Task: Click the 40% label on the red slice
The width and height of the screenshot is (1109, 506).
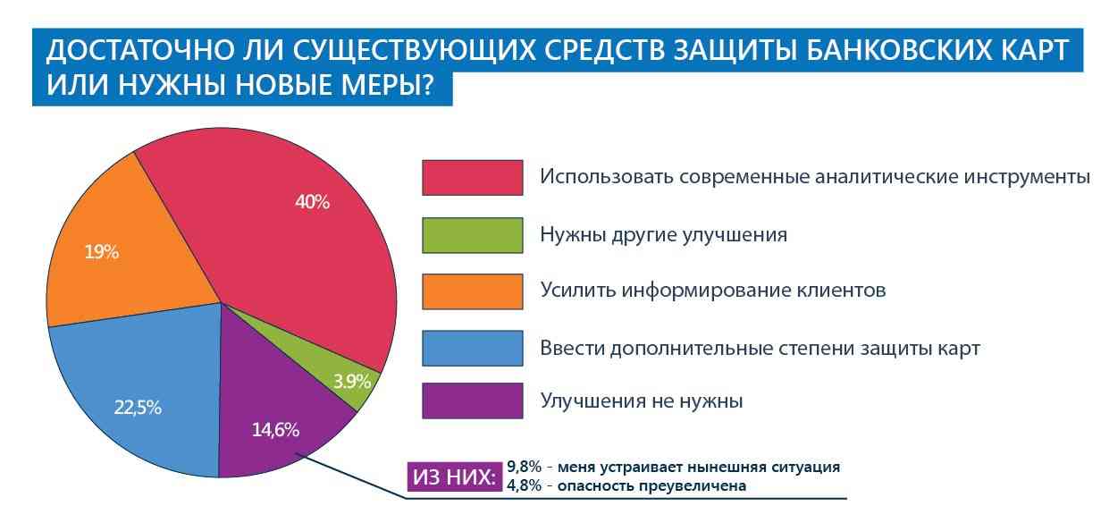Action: pyautogui.click(x=312, y=202)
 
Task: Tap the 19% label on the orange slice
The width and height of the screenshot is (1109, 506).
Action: pyautogui.click(x=102, y=252)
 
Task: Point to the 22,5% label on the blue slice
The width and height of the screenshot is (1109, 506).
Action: pyautogui.click(x=138, y=408)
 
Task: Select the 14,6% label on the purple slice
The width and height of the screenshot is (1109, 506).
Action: pyautogui.click(x=275, y=429)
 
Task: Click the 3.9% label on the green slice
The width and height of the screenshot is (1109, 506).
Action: pyautogui.click(x=352, y=382)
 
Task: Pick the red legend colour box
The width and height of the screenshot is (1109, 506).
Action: pyautogui.click(x=472, y=177)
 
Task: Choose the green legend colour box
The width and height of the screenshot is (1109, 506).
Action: pyautogui.click(x=472, y=234)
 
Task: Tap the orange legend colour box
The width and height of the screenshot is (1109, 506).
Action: pyautogui.click(x=472, y=291)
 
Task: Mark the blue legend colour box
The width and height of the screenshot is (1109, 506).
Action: pyautogui.click(x=472, y=348)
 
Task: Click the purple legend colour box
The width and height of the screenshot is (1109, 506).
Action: pyautogui.click(x=472, y=401)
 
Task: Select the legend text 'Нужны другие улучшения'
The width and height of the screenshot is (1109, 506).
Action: pyautogui.click(x=663, y=235)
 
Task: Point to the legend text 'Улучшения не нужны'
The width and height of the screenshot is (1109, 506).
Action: pyautogui.click(x=641, y=401)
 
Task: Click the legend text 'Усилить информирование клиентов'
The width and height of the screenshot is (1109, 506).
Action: pyautogui.click(x=712, y=291)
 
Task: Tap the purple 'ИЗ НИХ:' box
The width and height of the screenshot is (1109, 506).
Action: pyautogui.click(x=454, y=477)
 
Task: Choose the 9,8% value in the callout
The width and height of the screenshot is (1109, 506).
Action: pyautogui.click(x=523, y=467)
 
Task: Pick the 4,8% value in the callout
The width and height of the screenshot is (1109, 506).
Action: pyautogui.click(x=523, y=486)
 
